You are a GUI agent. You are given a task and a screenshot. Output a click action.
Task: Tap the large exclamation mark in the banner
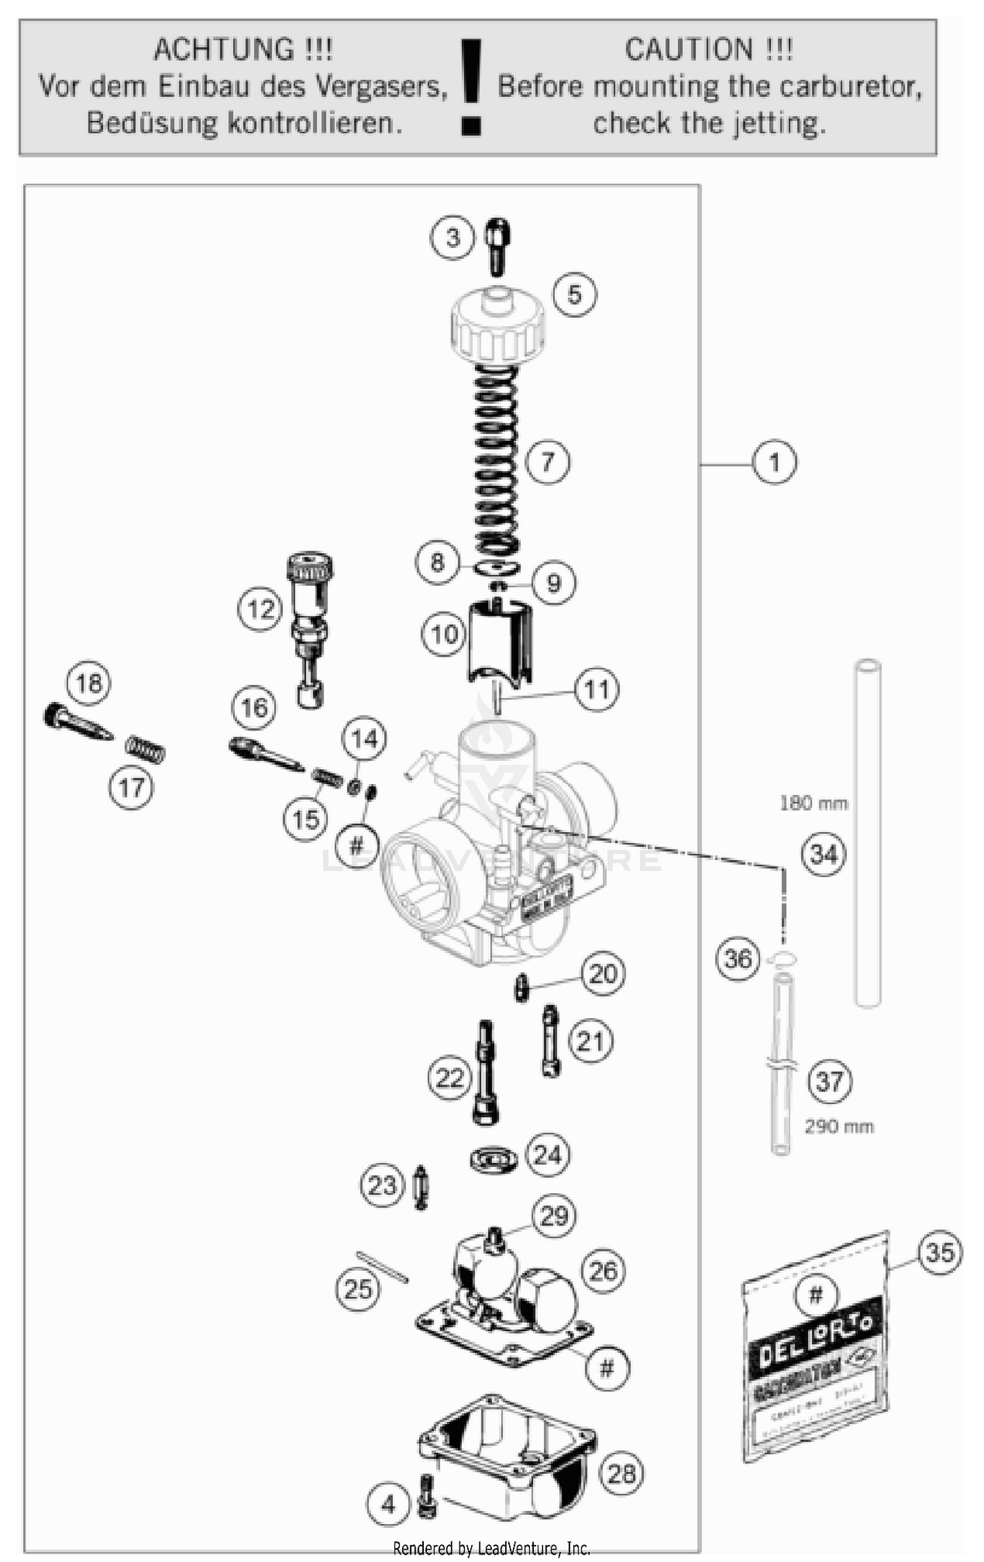(470, 85)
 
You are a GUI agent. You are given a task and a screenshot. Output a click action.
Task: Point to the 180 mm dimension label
(813, 803)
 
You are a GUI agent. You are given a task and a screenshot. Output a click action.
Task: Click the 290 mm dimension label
(839, 1126)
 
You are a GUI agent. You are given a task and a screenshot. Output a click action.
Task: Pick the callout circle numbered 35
(939, 1252)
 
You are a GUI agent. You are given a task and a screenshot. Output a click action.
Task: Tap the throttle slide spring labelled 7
(497, 459)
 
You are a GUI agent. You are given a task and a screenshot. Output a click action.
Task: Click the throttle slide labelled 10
(499, 643)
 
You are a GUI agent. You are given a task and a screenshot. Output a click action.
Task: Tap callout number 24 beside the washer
(547, 1155)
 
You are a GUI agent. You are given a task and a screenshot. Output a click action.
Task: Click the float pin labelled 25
(382, 1267)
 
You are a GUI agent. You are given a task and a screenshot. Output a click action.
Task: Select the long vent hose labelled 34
(867, 833)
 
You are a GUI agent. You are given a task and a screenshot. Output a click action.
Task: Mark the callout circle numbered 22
(449, 1078)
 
